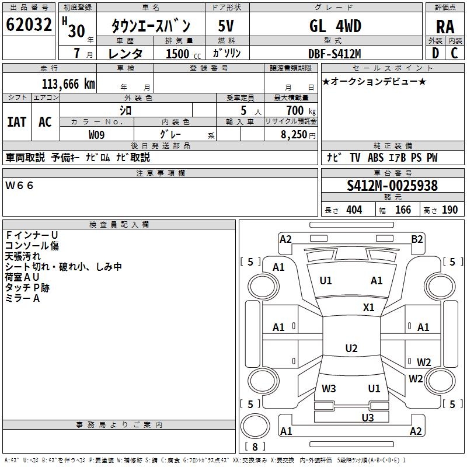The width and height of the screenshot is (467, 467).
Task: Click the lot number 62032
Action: coord(29,26)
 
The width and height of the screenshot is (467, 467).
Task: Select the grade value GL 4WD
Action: coord(335,26)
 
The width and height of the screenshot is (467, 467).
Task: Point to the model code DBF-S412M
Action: coord(335,54)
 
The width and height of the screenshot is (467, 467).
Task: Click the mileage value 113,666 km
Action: coord(68,84)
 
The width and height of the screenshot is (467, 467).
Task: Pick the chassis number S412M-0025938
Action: coord(392,186)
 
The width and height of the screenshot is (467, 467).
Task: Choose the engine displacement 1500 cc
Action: coord(177,54)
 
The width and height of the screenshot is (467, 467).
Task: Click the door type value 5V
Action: coord(226,26)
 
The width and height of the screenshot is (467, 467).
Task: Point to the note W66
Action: coord(20,186)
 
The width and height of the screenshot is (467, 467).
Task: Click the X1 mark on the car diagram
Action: coord(368,308)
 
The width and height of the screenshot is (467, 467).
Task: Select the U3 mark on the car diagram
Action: coord(367,417)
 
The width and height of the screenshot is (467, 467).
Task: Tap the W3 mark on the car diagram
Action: coord(329,388)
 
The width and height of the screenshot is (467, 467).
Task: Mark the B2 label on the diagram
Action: coord(417,239)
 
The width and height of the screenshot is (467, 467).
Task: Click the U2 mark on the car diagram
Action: coord(351,348)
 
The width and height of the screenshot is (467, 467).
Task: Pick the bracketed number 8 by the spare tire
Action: coord(255,447)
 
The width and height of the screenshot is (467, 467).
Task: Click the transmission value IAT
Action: coord(16,122)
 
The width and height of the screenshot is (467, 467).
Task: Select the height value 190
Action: coord(450,210)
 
